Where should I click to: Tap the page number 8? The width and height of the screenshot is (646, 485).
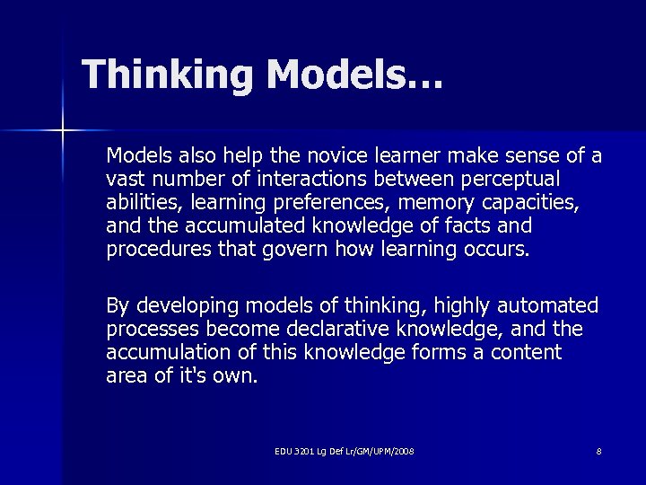598,451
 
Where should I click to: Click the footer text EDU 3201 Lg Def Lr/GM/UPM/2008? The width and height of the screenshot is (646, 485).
345,451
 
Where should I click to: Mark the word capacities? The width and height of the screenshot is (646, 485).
532,201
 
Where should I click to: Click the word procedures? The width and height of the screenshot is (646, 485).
159,248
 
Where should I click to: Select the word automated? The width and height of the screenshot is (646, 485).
541,306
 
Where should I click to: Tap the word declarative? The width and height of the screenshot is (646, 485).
353,330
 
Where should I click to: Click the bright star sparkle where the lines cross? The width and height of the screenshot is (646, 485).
62,132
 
